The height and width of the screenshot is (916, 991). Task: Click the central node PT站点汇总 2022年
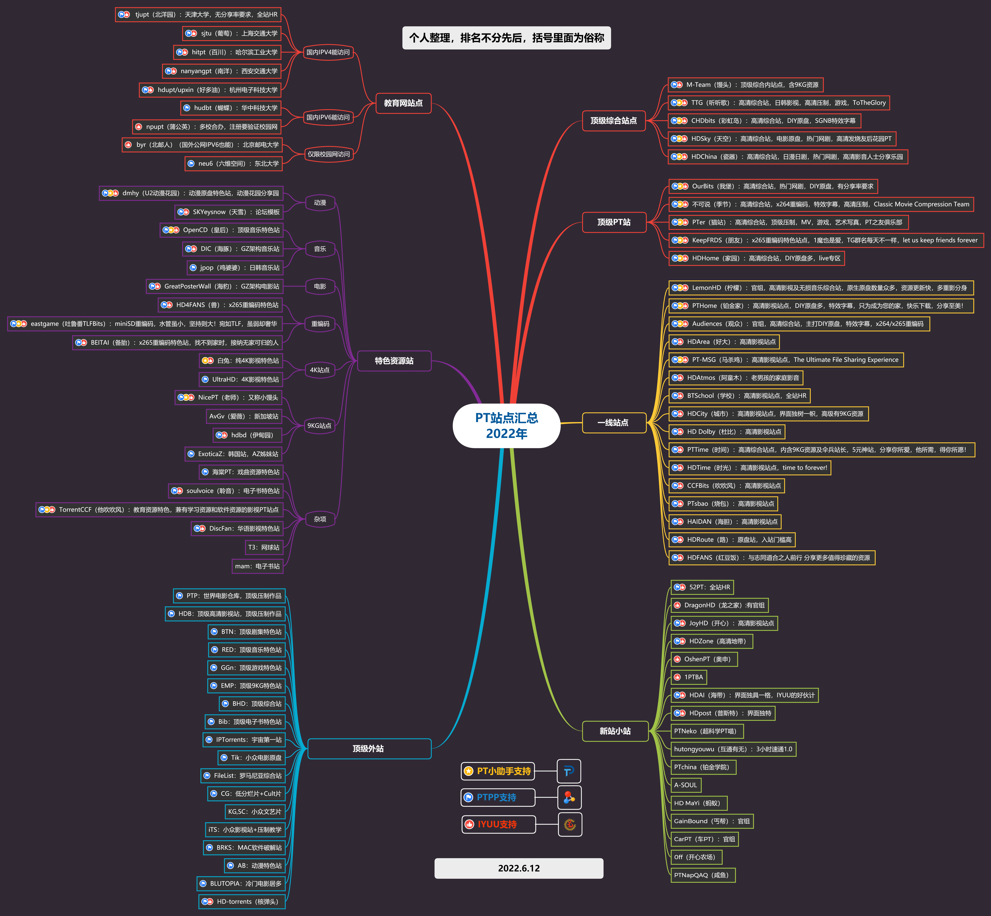[506, 426]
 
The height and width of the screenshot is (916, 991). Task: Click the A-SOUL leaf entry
[686, 785]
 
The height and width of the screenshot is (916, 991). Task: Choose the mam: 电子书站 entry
[257, 566]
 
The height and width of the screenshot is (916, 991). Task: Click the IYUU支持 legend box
[498, 824]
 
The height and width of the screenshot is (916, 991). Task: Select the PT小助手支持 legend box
[498, 771]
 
